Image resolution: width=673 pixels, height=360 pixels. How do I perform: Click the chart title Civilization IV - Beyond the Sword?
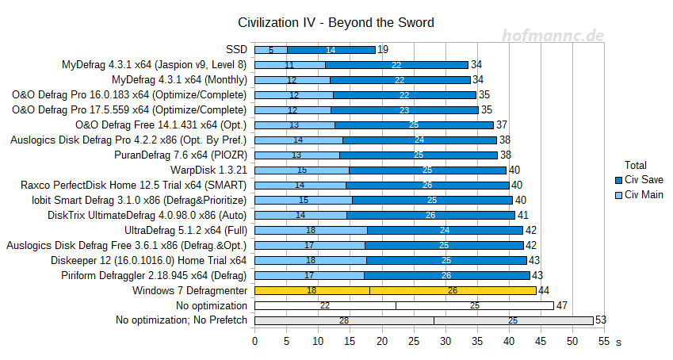(x=336, y=22)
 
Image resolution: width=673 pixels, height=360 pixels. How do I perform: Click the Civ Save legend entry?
(x=643, y=180)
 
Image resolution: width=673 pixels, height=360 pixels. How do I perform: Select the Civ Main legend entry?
(x=643, y=195)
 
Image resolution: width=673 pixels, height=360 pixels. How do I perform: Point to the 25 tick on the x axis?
(x=414, y=341)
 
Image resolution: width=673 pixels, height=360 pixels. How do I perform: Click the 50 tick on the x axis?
(x=572, y=341)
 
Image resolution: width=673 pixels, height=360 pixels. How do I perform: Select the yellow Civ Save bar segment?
(x=453, y=290)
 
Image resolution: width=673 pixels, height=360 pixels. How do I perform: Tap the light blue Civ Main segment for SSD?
(x=271, y=49)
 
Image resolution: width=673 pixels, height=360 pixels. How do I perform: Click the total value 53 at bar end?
(x=600, y=320)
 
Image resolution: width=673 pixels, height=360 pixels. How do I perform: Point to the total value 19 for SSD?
(x=383, y=49)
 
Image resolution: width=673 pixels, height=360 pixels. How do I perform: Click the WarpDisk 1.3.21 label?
(x=208, y=170)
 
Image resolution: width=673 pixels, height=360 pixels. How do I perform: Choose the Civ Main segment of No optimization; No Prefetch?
(x=344, y=320)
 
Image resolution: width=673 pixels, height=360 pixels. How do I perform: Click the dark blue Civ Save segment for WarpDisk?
(x=428, y=170)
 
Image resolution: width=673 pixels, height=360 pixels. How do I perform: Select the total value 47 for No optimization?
(x=562, y=305)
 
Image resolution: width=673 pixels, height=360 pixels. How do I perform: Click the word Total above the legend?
(x=636, y=165)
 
